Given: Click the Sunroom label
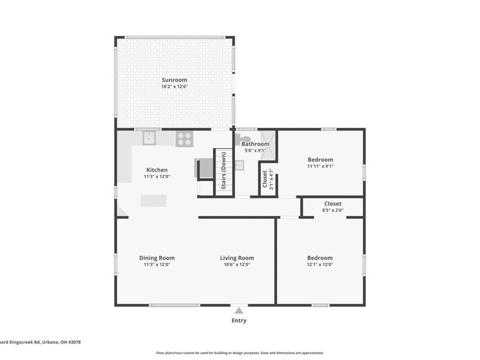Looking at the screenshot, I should point(174,80).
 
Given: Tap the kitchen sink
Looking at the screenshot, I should point(149,139).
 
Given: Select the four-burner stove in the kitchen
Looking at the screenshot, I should point(184,139).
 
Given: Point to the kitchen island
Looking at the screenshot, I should point(154,201).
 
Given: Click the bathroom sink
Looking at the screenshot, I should point(238,166).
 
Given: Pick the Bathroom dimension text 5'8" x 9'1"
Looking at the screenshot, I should point(255,151).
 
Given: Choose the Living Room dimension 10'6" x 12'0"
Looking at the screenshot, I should point(237,265).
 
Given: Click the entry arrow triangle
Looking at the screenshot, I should point(239,310).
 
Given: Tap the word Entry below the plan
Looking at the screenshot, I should point(239,320).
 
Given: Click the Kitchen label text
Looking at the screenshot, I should point(157,170).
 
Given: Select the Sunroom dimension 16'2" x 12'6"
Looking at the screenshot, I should point(174,86).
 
